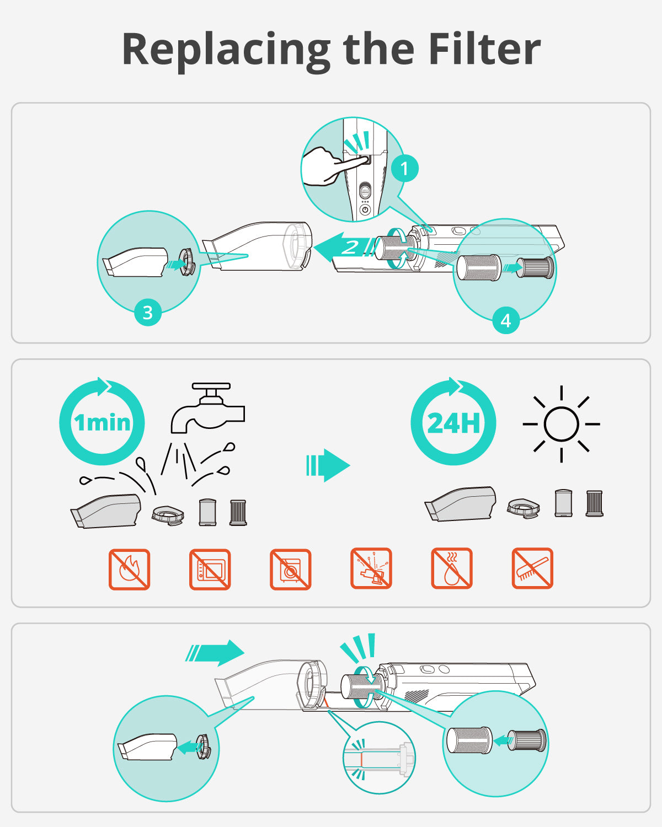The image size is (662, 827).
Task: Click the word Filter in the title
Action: pyautogui.click(x=484, y=49)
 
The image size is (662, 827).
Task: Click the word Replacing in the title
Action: pyautogui.click(x=226, y=51)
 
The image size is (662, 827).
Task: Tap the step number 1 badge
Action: pyautogui.click(x=405, y=168)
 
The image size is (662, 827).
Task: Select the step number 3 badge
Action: pyautogui.click(x=148, y=313)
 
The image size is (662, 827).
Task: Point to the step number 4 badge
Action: pyautogui.click(x=506, y=320)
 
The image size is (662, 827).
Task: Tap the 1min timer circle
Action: pyautogui.click(x=102, y=421)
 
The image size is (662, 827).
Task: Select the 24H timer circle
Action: pyautogui.click(x=453, y=421)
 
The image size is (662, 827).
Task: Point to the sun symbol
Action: pyautogui.click(x=561, y=424)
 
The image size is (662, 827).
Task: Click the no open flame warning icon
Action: pyautogui.click(x=129, y=569)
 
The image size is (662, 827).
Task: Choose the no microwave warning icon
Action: pyautogui.click(x=210, y=569)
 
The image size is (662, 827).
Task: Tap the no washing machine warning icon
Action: pyautogui.click(x=290, y=569)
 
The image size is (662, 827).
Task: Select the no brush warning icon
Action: pyautogui.click(x=532, y=568)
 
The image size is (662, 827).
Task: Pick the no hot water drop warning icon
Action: pyautogui.click(x=452, y=568)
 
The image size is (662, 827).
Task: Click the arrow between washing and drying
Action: pyautogui.click(x=328, y=465)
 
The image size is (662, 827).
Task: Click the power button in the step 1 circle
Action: pyautogui.click(x=365, y=210)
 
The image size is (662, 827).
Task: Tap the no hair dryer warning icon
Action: pyautogui.click(x=371, y=568)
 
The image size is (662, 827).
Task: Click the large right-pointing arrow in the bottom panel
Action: pyautogui.click(x=215, y=653)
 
